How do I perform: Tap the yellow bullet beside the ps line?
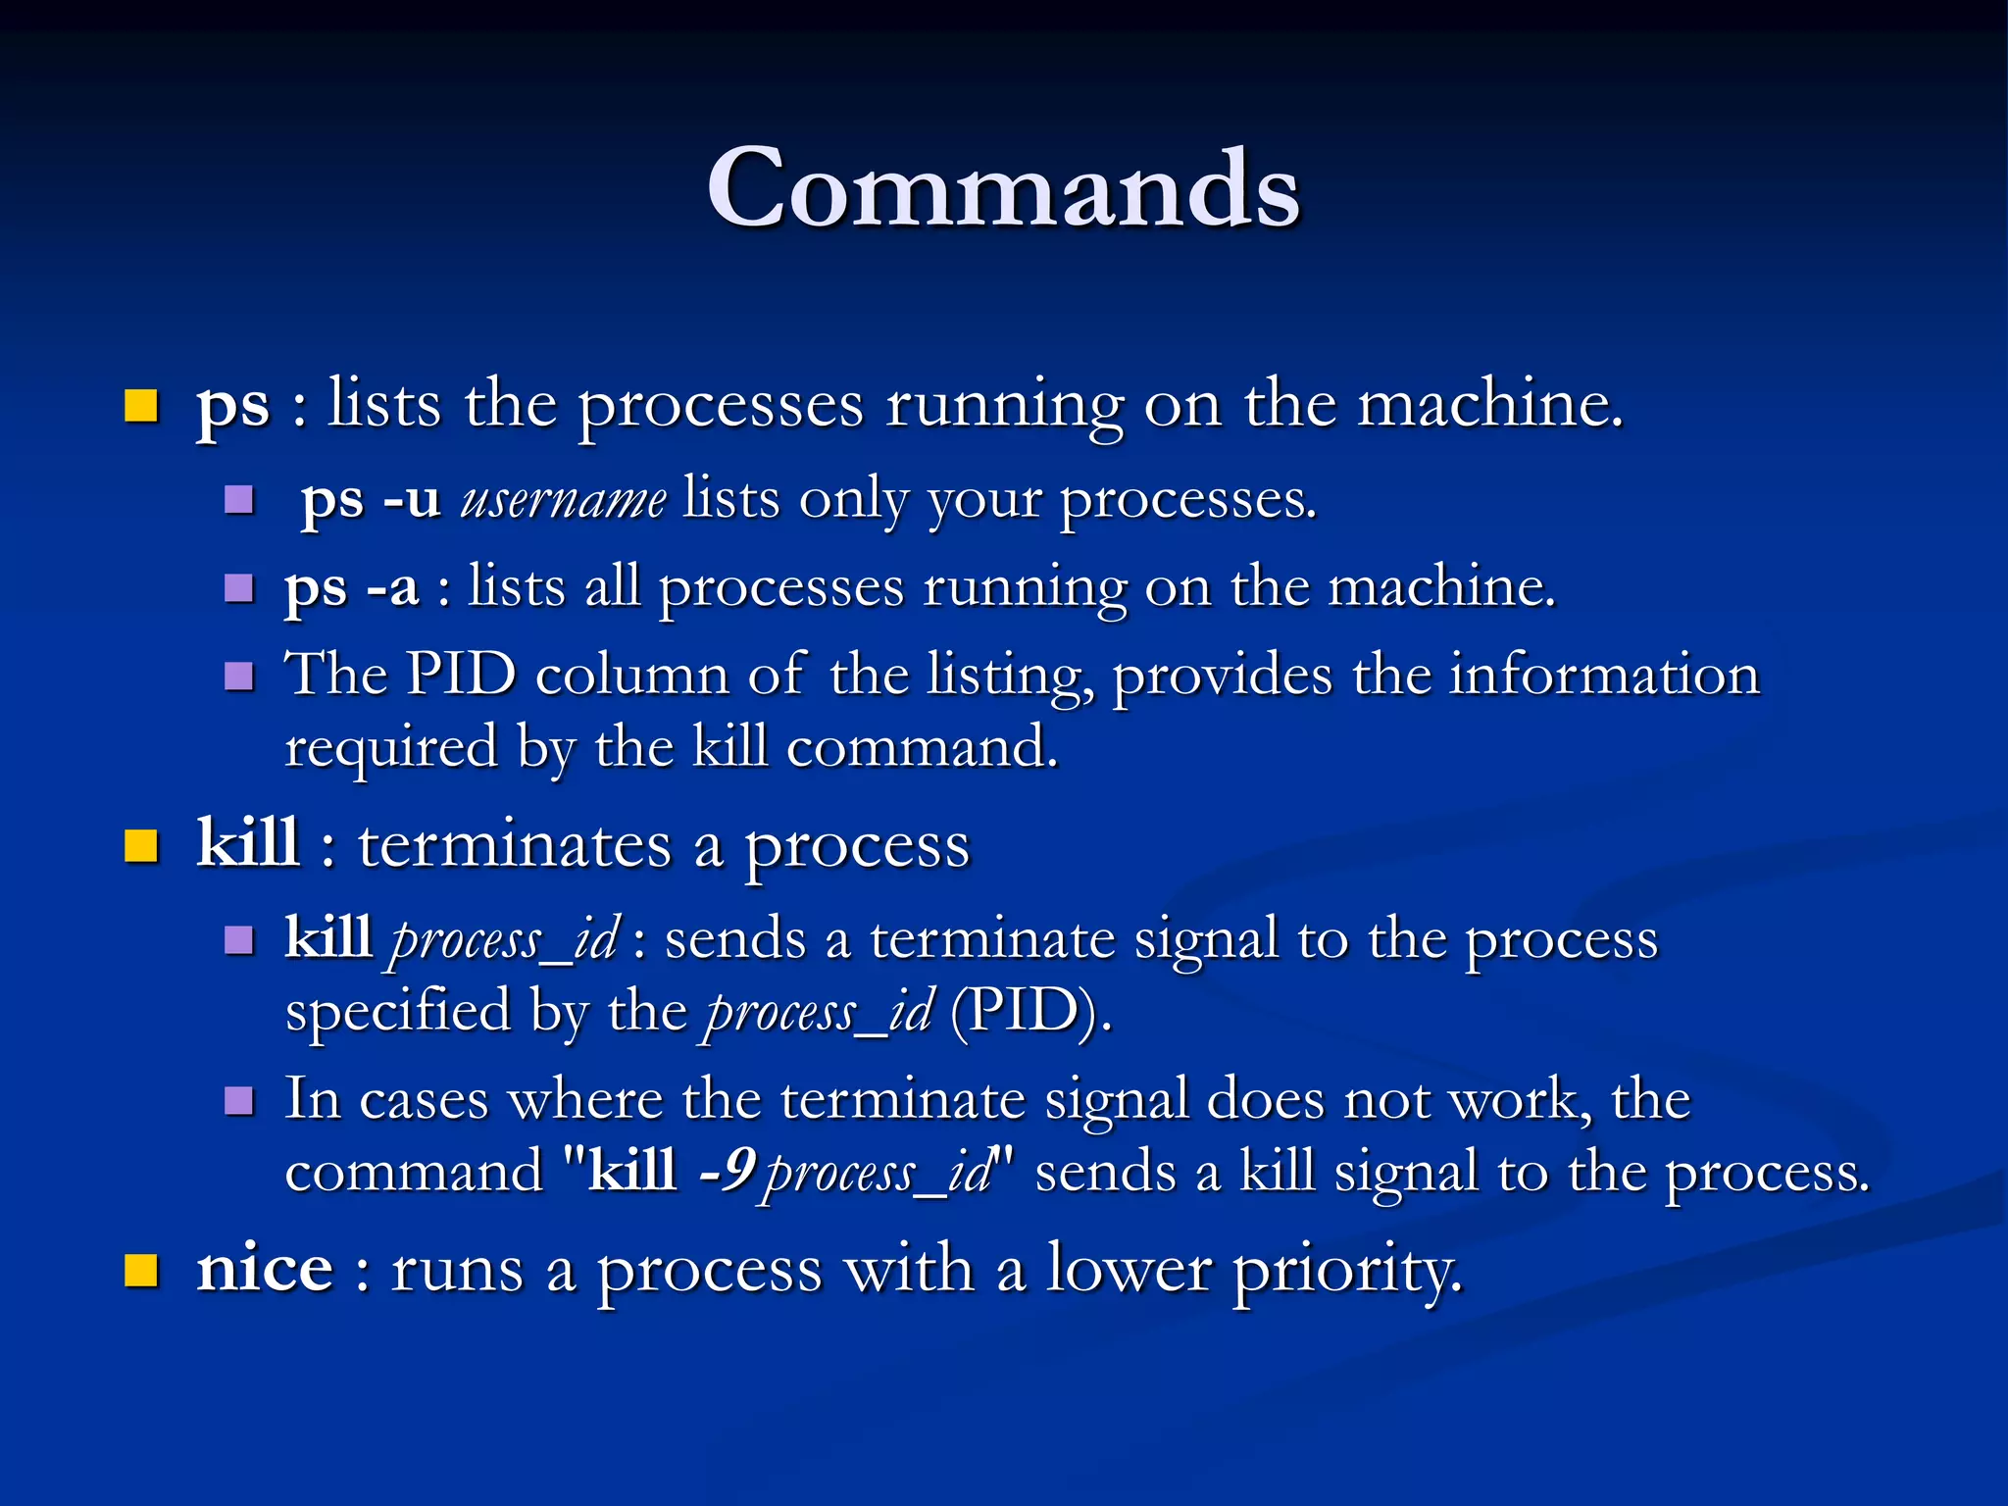141,405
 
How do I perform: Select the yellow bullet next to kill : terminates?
141,845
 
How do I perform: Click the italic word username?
564,499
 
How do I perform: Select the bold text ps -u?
370,499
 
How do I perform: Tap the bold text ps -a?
351,587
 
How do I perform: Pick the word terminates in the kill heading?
514,845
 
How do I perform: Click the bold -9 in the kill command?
727,1170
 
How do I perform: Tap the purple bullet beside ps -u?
239,501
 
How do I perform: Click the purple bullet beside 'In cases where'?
239,1100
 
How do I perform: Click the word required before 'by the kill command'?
390,747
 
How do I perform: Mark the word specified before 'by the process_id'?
397,1011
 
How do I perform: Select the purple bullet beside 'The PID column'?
239,677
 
